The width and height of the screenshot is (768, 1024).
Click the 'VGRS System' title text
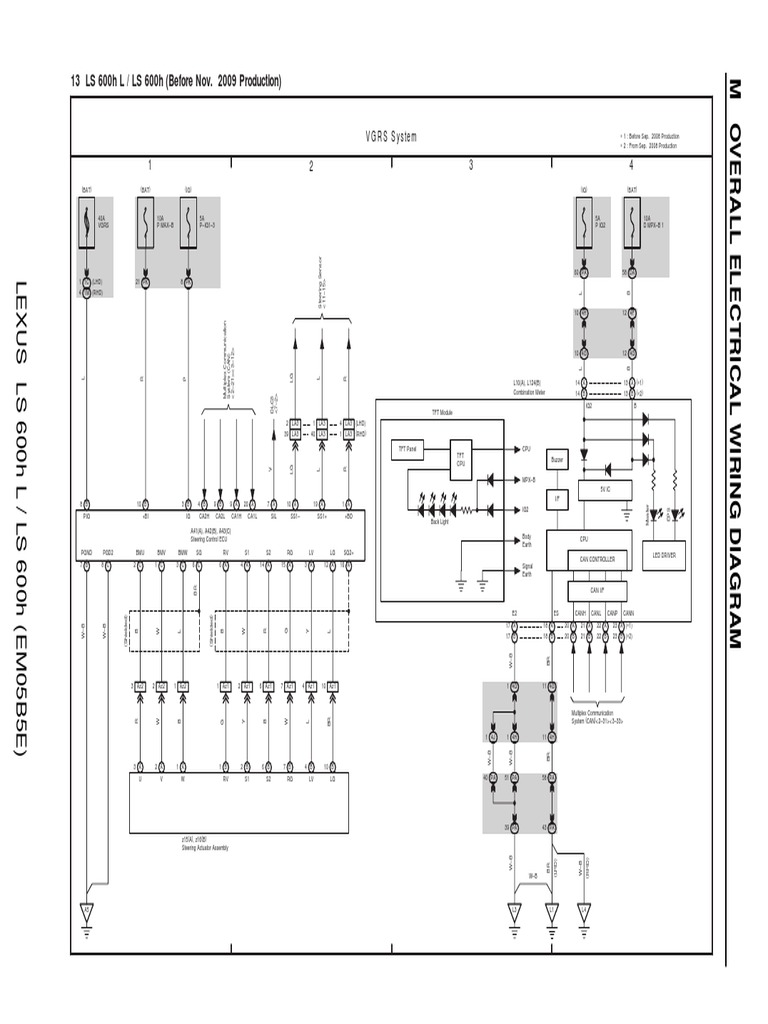[x=391, y=137]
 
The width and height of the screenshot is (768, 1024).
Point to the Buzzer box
[x=558, y=459]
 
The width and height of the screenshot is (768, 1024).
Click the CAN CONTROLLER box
[x=596, y=559]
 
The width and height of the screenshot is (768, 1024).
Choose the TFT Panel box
[x=410, y=451]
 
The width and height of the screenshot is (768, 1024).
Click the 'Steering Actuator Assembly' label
[x=205, y=848]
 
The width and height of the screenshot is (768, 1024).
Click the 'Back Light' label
[x=440, y=522]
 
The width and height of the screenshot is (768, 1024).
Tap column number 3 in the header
[x=470, y=167]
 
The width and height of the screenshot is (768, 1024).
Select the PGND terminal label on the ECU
[x=87, y=552]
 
